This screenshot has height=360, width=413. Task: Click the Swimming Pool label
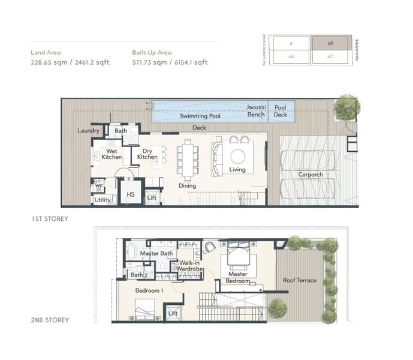[200, 116]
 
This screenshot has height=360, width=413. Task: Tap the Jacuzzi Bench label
[256, 110]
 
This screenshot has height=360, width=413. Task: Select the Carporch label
[310, 175]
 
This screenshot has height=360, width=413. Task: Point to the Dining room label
[187, 186]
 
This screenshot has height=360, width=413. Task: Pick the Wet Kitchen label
[111, 154]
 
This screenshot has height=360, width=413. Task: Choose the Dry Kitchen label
[147, 154]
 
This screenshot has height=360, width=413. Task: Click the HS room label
[130, 195]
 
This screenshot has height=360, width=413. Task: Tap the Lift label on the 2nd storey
[173, 313]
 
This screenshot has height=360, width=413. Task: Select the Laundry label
[88, 130]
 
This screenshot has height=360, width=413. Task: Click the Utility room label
[103, 200]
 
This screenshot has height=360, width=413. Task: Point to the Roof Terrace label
[298, 280]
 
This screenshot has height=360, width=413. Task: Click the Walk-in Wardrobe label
[189, 266]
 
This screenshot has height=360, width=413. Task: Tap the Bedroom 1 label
[147, 290]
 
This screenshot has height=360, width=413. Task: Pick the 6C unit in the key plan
[330, 56]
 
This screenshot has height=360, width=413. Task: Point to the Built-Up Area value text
[170, 62]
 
